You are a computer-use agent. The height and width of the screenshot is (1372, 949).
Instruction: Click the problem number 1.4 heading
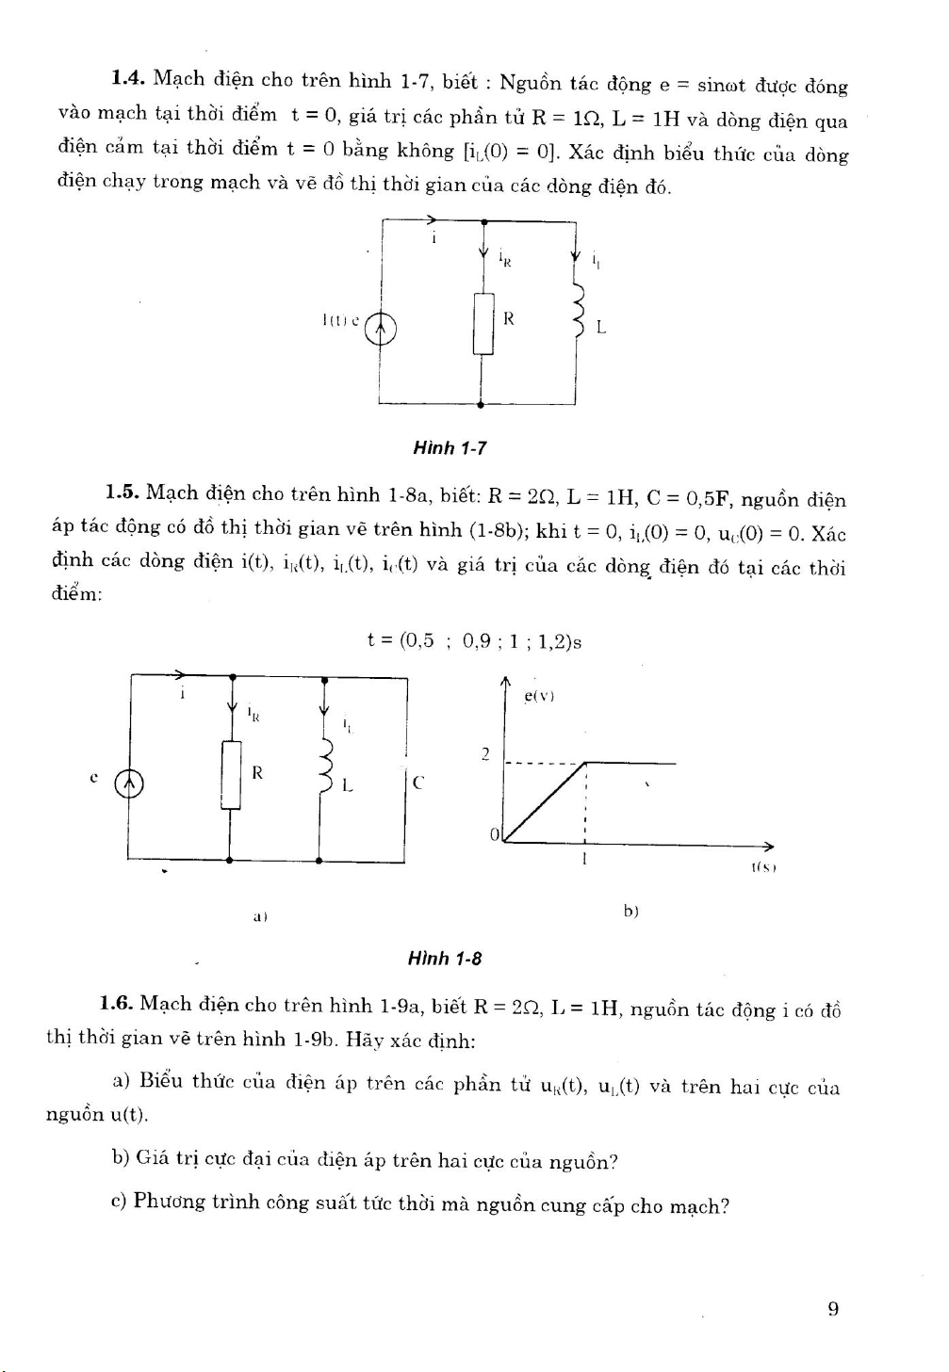(126, 79)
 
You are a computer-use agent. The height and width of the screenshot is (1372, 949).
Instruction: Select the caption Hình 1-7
(450, 448)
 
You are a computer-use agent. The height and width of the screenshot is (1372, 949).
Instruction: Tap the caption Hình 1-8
(445, 959)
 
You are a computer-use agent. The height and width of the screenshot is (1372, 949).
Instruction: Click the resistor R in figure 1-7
(483, 323)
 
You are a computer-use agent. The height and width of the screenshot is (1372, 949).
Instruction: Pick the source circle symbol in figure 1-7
(381, 329)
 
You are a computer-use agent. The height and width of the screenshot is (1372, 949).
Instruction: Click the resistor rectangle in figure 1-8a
(231, 774)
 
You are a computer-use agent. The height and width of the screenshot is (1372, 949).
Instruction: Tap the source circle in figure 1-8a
(129, 783)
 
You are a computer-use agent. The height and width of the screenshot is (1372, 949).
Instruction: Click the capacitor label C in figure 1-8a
(418, 782)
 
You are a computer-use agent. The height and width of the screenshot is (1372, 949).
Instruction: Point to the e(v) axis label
(539, 696)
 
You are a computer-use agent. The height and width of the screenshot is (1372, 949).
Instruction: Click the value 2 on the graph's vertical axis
(485, 753)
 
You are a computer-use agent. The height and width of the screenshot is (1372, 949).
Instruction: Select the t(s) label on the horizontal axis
(763, 867)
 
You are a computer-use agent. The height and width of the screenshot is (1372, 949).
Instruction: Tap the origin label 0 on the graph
(494, 834)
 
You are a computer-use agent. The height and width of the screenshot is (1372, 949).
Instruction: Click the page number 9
(833, 1308)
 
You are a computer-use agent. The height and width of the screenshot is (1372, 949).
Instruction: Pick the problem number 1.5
(123, 492)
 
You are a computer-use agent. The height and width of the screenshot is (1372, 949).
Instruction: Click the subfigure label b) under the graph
(630, 911)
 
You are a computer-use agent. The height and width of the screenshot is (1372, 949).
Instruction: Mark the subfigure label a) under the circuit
(260, 915)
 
